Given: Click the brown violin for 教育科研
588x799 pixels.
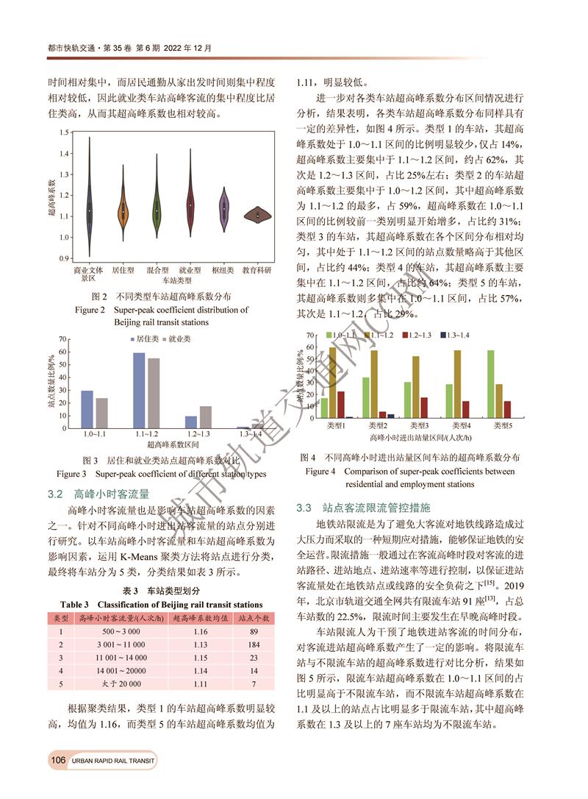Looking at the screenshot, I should click(x=258, y=215).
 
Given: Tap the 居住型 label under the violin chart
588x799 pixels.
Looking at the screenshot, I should click(x=123, y=271).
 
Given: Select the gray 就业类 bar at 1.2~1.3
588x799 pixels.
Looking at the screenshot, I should click(x=205, y=416).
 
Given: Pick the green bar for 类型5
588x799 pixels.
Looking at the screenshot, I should click(x=490, y=384).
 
